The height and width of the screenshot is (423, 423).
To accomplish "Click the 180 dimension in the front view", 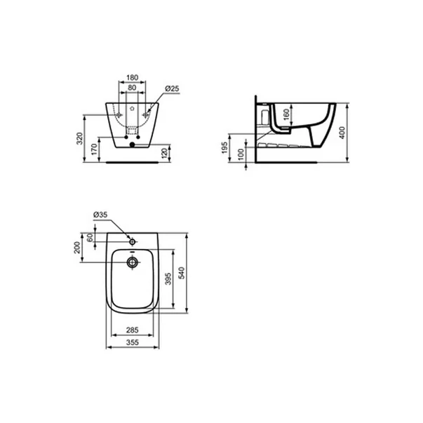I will [131, 79].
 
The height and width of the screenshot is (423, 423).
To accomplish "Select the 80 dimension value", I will [131, 88].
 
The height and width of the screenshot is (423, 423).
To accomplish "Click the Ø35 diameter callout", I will [101, 216].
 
